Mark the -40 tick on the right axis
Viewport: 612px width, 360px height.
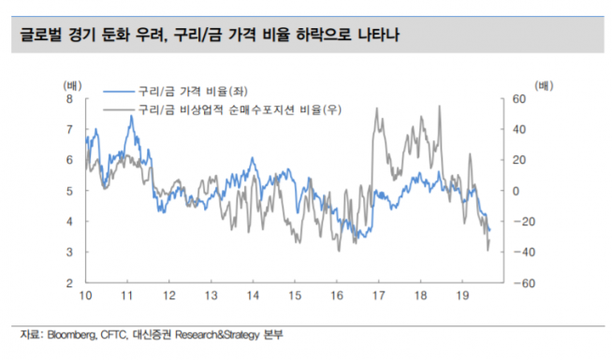(517, 252)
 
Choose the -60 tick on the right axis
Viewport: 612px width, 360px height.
(517, 282)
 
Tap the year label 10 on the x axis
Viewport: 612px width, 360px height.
(84, 296)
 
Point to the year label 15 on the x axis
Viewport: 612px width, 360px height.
(295, 296)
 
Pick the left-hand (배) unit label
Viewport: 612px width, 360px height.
(71, 84)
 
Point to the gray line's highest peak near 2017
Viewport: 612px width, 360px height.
(375, 108)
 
